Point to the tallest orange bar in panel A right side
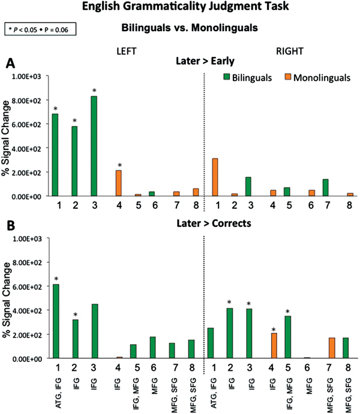[214, 177]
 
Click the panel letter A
[10, 62]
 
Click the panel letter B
[10, 226]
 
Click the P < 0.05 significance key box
[38, 28]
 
